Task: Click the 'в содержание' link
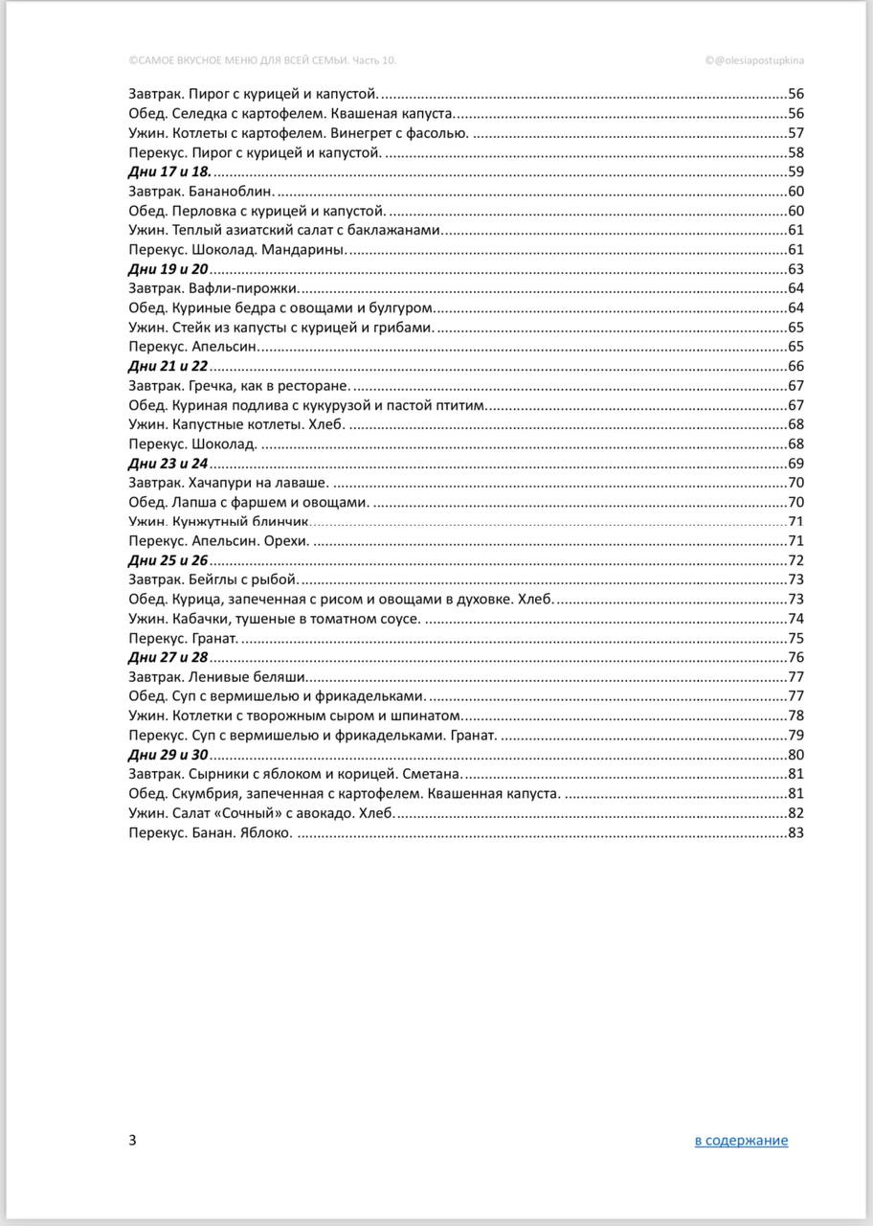(741, 1140)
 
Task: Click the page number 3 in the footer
(132, 1140)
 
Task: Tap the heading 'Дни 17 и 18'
(168, 171)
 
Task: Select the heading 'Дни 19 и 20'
(168, 269)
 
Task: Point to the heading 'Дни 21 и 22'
(168, 367)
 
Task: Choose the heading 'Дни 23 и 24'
(168, 464)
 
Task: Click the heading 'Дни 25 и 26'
(168, 561)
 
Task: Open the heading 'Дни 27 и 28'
(168, 658)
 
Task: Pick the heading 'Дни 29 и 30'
(168, 755)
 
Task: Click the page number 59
(795, 172)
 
